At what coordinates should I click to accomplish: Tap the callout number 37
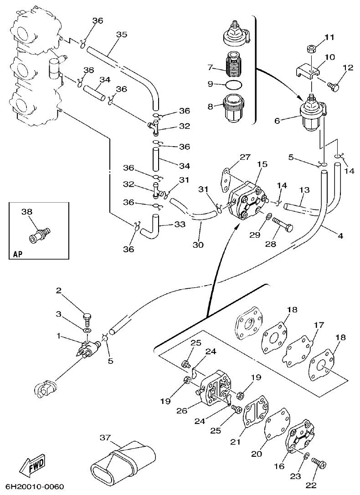point(105,438)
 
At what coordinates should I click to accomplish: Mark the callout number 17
point(319,325)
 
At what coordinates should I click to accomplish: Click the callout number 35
point(121,35)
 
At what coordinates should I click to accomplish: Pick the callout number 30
point(197,245)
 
